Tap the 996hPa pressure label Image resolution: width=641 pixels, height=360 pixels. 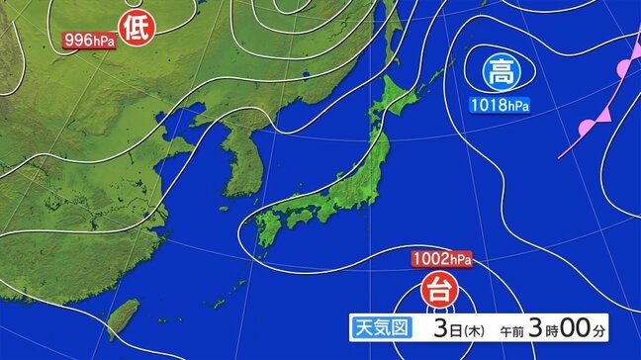pyautogui.click(x=87, y=41)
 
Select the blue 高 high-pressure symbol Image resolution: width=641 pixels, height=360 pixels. pyautogui.click(x=501, y=71)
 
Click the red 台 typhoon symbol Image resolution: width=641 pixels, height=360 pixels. pyautogui.click(x=435, y=291)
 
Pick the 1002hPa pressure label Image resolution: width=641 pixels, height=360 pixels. pyautogui.click(x=440, y=260)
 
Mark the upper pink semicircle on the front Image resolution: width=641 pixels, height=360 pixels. pyautogui.click(x=624, y=68)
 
